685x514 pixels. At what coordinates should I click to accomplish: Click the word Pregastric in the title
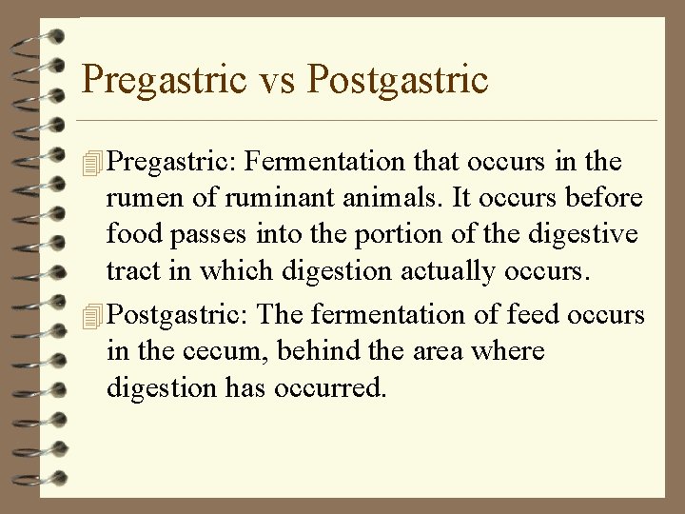click(163, 79)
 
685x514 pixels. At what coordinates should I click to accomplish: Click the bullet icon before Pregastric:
click(91, 163)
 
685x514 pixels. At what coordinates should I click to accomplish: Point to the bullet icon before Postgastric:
click(91, 315)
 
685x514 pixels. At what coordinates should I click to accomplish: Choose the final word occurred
click(328, 387)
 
